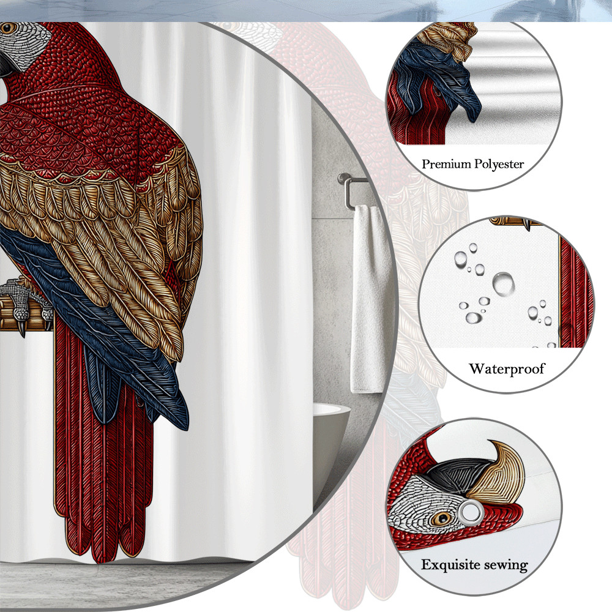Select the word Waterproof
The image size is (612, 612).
(x=507, y=369)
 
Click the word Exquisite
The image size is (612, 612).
(x=450, y=565)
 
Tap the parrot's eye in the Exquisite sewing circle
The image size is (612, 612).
(x=442, y=518)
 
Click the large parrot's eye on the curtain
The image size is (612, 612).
(x=8, y=28)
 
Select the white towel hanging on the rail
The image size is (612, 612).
(x=366, y=299)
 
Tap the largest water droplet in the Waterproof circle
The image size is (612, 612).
(x=503, y=284)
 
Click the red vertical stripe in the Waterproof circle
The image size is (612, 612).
(x=576, y=293)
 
